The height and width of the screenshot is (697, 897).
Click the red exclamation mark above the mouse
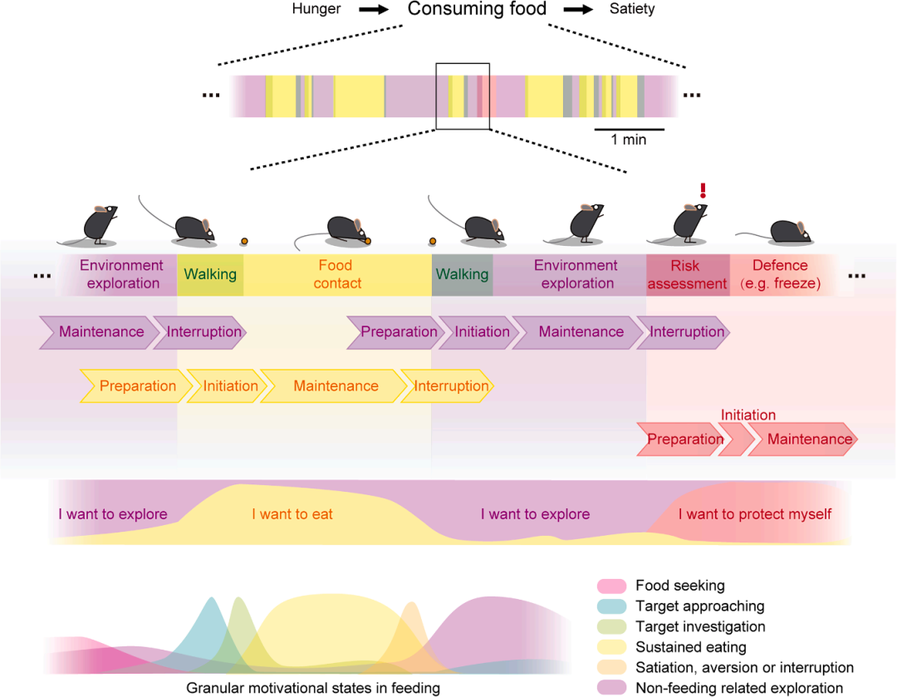pyautogui.click(x=703, y=190)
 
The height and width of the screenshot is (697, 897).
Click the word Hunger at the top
pyautogui.click(x=316, y=10)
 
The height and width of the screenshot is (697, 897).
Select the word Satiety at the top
pyautogui.click(x=631, y=10)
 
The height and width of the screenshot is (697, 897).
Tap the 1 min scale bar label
pyautogui.click(x=629, y=140)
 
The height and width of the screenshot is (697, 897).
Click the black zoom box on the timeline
pyautogui.click(x=463, y=96)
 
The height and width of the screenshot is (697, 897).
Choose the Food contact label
pyautogui.click(x=336, y=275)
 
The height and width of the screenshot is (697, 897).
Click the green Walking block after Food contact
pyautogui.click(x=463, y=275)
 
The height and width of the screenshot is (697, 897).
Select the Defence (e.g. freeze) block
pyautogui.click(x=779, y=275)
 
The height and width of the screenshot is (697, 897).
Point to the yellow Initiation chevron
pyautogui.click(x=230, y=386)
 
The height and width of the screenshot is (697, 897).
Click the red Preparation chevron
pyautogui.click(x=685, y=439)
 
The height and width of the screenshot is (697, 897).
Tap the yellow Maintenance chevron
pyautogui.click(x=336, y=386)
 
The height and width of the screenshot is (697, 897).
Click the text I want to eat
pyautogui.click(x=292, y=514)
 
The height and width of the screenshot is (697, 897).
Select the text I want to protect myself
pyautogui.click(x=754, y=514)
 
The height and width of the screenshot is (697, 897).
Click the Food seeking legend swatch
pyautogui.click(x=611, y=586)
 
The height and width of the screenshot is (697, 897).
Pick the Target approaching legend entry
pyautogui.click(x=699, y=606)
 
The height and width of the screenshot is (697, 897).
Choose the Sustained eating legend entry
pyautogui.click(x=690, y=647)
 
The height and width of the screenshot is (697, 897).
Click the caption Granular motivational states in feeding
pyautogui.click(x=312, y=688)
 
